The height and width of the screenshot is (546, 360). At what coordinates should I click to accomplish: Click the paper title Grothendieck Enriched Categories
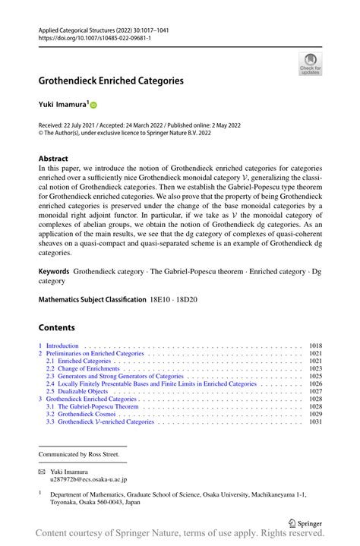(116, 80)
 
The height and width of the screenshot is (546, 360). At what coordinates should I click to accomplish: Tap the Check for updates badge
(310, 64)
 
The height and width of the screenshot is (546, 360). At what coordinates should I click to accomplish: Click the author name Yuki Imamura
(64, 104)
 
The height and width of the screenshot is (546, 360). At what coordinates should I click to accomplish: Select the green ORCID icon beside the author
(95, 105)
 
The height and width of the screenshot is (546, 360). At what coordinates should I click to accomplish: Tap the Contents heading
(57, 327)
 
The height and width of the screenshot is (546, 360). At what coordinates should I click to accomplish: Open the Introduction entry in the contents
(62, 346)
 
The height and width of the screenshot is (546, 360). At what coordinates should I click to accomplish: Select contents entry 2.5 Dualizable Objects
(79, 391)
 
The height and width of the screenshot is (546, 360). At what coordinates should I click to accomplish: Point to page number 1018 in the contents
(316, 346)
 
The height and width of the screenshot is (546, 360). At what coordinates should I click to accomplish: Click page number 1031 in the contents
(316, 421)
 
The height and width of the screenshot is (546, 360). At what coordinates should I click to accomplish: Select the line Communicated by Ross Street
(79, 455)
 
